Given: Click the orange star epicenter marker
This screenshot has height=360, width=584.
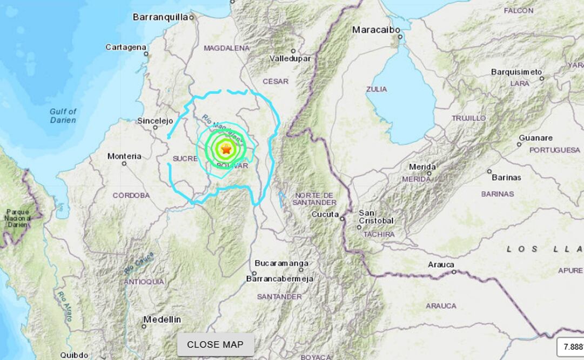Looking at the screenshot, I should click(226, 149).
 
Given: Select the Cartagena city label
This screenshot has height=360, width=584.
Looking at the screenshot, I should click(126, 47).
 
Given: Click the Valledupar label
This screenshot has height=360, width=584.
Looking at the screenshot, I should click(290, 58).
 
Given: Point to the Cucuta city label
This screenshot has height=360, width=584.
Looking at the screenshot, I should click(324, 215).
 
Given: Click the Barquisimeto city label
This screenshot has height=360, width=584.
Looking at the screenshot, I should click(516, 72).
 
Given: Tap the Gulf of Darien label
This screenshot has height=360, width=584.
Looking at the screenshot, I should click(63, 116).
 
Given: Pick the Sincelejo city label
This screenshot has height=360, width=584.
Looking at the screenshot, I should click(155, 121).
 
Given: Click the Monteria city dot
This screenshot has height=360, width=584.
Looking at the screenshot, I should click(124, 163).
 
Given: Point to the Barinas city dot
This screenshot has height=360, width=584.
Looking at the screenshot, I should click(489, 171).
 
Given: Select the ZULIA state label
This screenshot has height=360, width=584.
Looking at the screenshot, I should click(377, 89).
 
